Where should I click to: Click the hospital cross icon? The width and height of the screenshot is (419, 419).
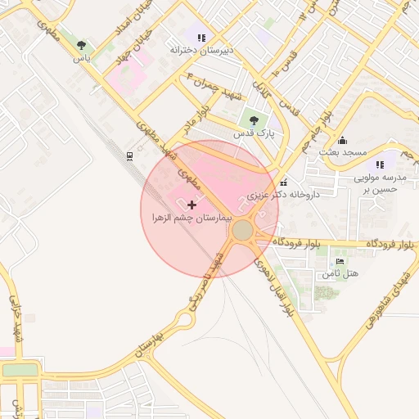tap(191, 204)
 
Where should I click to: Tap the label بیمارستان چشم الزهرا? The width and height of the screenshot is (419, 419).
tap(192, 219)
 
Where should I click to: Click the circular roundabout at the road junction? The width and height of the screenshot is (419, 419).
tap(243, 231)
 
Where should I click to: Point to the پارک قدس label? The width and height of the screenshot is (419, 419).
tap(254, 132)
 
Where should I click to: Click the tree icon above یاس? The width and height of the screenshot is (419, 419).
tap(81, 46)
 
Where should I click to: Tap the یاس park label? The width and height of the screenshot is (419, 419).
tap(81, 59)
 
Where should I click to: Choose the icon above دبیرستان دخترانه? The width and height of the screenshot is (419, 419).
tap(201, 37)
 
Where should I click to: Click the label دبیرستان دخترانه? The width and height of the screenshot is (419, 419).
tap(201, 50)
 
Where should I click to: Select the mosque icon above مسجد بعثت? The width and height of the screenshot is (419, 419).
tap(342, 139)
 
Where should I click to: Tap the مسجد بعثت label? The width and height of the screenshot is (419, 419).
tap(342, 153)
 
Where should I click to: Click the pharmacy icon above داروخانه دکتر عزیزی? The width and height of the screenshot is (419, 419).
tap(283, 182)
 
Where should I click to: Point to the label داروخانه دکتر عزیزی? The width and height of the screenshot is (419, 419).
tap(283, 196)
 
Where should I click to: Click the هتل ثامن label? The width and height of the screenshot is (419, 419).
tap(340, 273)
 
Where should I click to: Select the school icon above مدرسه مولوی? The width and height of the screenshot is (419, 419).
tap(380, 164)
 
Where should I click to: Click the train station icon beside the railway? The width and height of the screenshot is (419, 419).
tap(130, 155)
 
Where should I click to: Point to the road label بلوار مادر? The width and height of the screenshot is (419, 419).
tap(203, 115)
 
